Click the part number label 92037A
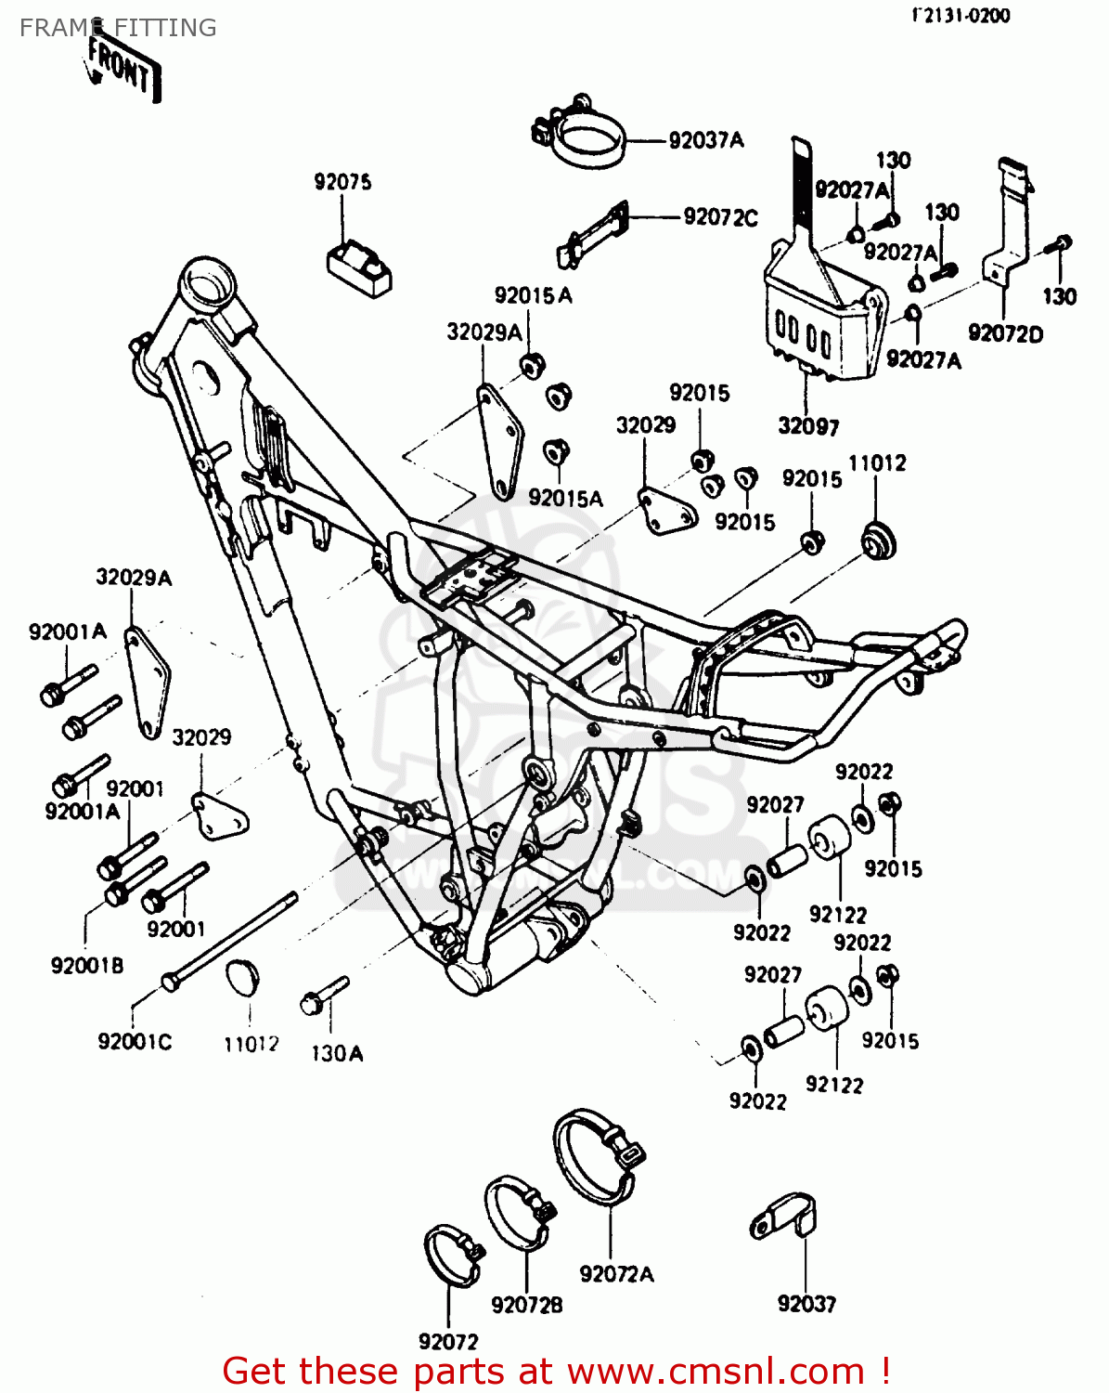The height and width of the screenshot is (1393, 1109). (x=706, y=140)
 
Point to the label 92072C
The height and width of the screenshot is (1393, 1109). (x=720, y=217)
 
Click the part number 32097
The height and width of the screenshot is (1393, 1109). (x=808, y=426)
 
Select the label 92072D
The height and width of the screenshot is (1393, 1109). (x=1005, y=333)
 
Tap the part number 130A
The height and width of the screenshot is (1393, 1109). (x=336, y=1053)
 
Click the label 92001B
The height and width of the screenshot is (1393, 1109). (x=87, y=966)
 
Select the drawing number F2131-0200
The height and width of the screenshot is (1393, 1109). (x=961, y=15)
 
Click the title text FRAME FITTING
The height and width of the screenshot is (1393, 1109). (x=118, y=28)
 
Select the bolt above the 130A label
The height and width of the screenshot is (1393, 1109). (x=324, y=995)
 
